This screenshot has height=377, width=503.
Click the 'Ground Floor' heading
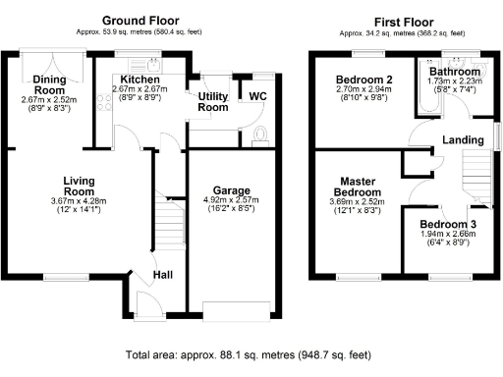coord(145,21)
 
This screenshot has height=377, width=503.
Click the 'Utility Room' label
coord(213,102)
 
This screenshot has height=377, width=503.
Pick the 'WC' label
coord(257,96)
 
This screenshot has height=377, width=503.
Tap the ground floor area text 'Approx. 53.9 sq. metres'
coord(145,33)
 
